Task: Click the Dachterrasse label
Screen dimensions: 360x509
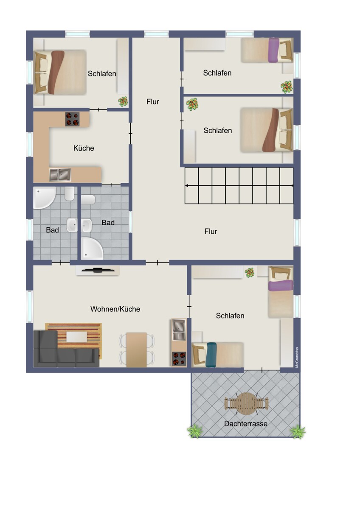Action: pyautogui.click(x=246, y=424)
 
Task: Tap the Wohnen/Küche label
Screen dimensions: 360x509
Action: pyautogui.click(x=115, y=309)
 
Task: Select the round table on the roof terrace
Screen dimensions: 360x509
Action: pyautogui.click(x=246, y=403)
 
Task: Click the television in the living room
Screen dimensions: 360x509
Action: pyautogui.click(x=98, y=270)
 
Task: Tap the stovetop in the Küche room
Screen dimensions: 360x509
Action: pyautogui.click(x=72, y=119)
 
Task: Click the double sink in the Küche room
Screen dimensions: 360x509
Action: pyautogui.click(x=60, y=175)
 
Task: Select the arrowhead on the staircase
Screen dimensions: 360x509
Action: pyautogui.click(x=186, y=186)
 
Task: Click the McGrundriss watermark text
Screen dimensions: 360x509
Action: pyautogui.click(x=297, y=358)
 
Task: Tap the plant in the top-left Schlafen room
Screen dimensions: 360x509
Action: pyautogui.click(x=123, y=101)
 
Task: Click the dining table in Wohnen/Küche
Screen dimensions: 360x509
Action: pyautogui.click(x=136, y=350)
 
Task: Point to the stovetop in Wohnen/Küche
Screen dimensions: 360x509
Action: pyautogui.click(x=179, y=359)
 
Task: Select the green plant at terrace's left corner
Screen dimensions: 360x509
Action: pyautogui.click(x=195, y=431)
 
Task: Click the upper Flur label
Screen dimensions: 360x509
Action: pyautogui.click(x=152, y=101)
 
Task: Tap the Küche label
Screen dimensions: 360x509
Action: pyautogui.click(x=84, y=148)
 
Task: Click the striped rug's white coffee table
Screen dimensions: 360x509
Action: pyautogui.click(x=77, y=337)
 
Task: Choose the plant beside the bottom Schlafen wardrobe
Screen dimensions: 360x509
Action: pyautogui.click(x=250, y=273)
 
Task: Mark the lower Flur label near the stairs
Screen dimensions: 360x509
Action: pyautogui.click(x=211, y=231)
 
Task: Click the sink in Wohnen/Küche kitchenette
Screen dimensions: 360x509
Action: pyautogui.click(x=179, y=329)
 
